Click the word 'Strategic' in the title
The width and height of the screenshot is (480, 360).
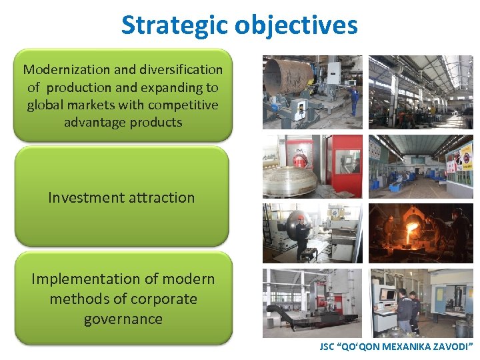coord(175,25)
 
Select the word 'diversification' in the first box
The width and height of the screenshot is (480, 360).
coord(179,69)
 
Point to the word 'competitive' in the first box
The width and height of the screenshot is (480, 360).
coord(183,105)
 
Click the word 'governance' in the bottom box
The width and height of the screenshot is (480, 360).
coord(123,319)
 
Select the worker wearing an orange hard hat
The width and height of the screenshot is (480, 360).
coord(302,230)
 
